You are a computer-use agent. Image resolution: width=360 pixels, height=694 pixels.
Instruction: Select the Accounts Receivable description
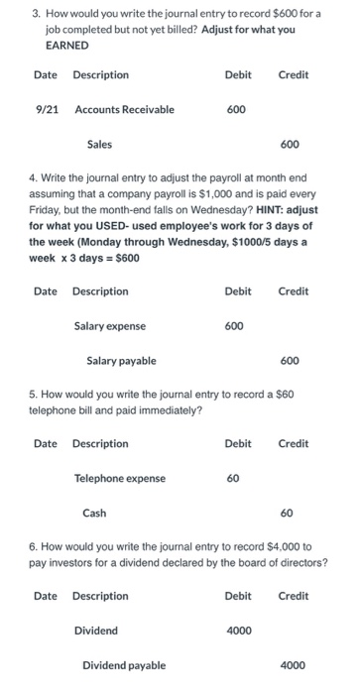click(124, 109)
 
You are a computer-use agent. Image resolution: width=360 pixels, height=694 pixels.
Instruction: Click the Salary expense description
click(110, 325)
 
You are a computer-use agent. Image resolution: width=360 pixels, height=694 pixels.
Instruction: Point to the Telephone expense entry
click(120, 479)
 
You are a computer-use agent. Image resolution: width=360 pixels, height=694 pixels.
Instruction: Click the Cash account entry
click(95, 514)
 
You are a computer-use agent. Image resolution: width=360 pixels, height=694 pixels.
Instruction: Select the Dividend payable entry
click(124, 666)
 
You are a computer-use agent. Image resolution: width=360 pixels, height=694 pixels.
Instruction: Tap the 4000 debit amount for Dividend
click(238, 631)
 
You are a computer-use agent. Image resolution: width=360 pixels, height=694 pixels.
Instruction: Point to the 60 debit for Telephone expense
click(232, 479)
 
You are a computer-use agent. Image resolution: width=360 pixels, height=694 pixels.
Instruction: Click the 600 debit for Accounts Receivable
click(236, 109)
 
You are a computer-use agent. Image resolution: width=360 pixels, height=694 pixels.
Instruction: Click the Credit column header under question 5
click(294, 443)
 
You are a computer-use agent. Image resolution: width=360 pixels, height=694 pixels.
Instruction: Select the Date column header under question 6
click(46, 596)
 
